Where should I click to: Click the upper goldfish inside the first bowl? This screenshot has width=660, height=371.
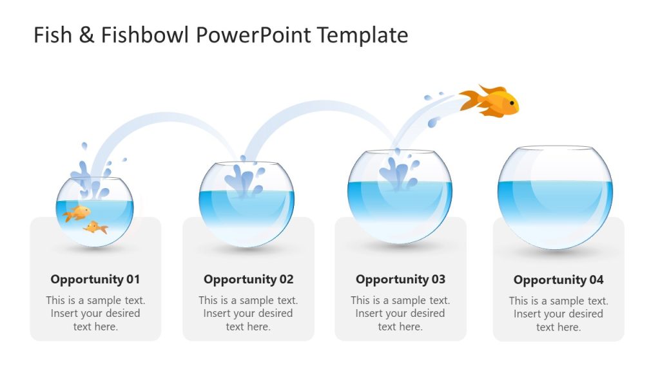pyautogui.click(x=79, y=212)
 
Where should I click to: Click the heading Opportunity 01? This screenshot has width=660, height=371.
pyautogui.click(x=95, y=280)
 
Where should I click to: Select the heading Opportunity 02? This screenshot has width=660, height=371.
pyautogui.click(x=248, y=280)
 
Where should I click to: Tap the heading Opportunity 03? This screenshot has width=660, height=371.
pyautogui.click(x=400, y=280)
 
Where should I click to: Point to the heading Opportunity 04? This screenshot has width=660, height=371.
pyautogui.click(x=558, y=280)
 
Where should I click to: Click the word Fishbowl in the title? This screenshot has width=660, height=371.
pyautogui.click(x=146, y=35)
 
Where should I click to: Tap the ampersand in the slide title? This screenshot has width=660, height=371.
pyautogui.click(x=86, y=35)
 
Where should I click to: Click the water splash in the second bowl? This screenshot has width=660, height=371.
pyautogui.click(x=244, y=178)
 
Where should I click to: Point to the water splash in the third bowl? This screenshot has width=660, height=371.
pyautogui.click(x=397, y=171)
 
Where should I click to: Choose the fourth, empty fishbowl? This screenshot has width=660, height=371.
pyautogui.click(x=555, y=196)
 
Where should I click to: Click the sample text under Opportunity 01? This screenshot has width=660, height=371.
pyautogui.click(x=95, y=314)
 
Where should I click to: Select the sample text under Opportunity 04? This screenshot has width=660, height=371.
pyautogui.click(x=558, y=314)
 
